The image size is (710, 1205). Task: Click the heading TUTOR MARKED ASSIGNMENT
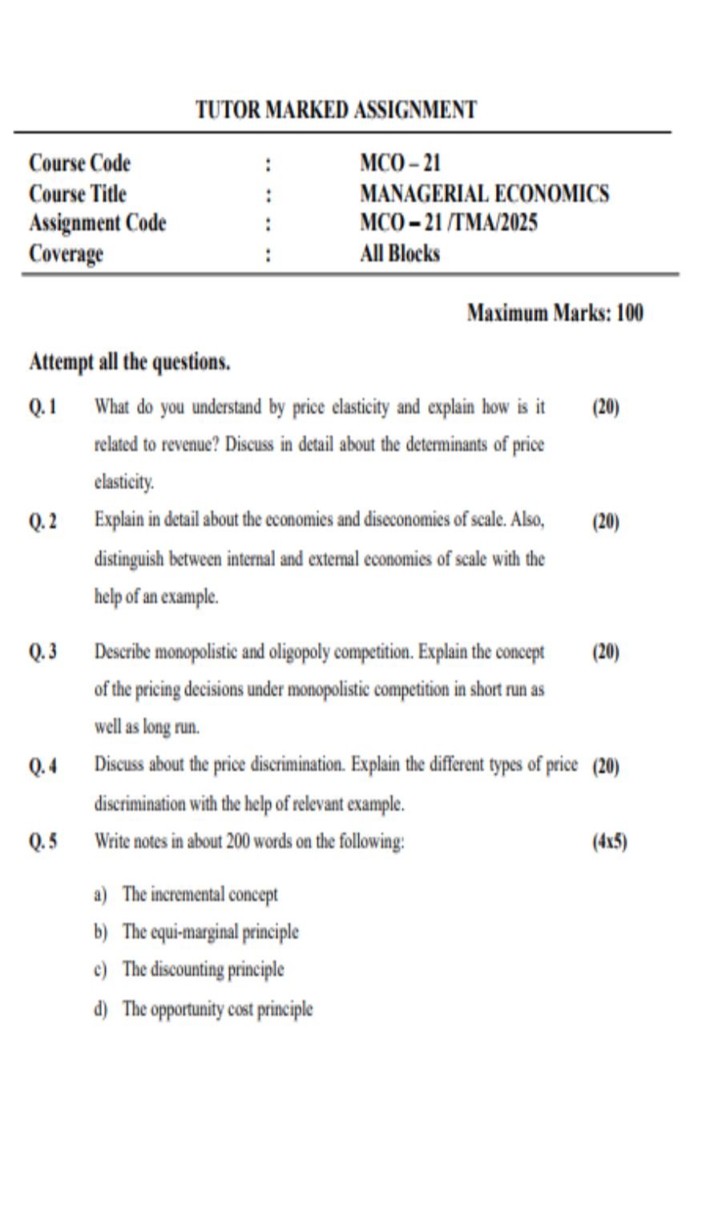(x=336, y=110)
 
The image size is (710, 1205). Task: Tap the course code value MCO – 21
(x=400, y=164)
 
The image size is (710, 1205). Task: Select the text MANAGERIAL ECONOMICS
(x=484, y=194)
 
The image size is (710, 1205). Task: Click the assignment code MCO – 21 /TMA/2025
(x=448, y=223)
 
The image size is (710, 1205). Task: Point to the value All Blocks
(x=400, y=253)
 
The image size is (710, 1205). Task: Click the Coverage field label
(x=66, y=254)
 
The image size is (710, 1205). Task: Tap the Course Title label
(x=77, y=194)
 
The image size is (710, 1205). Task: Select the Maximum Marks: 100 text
(x=555, y=313)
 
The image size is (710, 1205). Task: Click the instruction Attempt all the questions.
(x=129, y=362)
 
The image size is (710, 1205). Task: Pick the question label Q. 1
(x=42, y=407)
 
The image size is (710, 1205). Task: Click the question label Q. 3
(x=42, y=652)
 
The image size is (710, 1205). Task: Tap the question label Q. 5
(x=42, y=843)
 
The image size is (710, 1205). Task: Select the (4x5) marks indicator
(x=609, y=843)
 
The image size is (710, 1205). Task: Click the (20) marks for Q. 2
(x=606, y=522)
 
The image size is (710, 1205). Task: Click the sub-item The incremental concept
(x=200, y=895)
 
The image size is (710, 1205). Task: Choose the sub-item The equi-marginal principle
(x=210, y=932)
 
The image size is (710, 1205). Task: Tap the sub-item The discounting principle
(x=203, y=970)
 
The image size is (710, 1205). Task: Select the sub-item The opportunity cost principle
(x=217, y=1009)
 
